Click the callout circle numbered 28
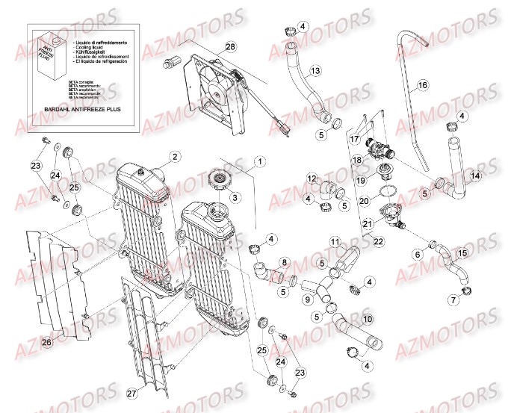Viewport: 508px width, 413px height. coord(230,47)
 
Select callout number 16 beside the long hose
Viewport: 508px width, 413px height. coord(422,85)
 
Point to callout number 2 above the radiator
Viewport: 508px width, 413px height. coord(174,157)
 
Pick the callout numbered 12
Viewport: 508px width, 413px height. coord(312,179)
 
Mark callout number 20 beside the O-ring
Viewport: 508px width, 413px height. coord(364,201)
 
